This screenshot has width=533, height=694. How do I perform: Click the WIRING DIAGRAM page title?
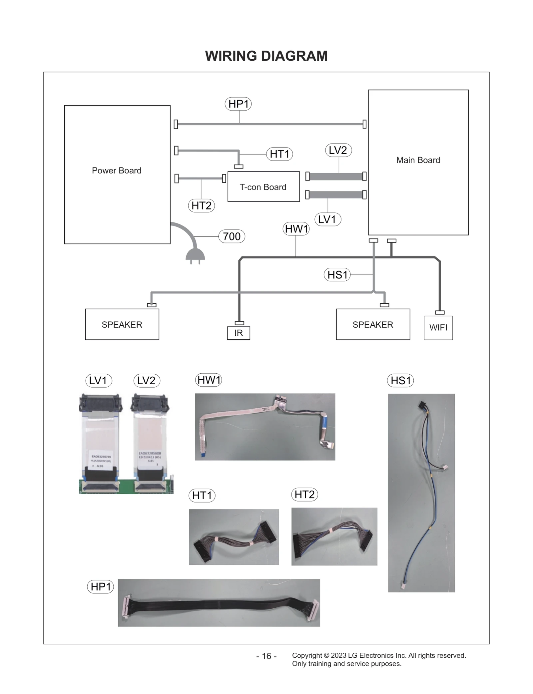click(266, 56)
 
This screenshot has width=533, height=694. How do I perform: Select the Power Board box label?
click(117, 171)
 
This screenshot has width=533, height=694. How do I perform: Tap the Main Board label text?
click(418, 160)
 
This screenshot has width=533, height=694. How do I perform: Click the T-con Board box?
click(263, 187)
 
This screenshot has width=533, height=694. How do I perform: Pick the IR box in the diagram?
click(239, 333)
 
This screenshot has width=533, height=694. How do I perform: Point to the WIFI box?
click(438, 328)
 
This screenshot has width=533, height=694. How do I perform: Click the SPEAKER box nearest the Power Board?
click(122, 324)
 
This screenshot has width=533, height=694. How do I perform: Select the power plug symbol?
click(195, 256)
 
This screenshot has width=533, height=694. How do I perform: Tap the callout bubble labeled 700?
click(232, 236)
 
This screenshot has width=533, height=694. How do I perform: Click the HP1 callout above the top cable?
click(238, 104)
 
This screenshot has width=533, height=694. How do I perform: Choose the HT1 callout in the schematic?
click(279, 154)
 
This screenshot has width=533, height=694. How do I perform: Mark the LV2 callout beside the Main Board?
click(338, 150)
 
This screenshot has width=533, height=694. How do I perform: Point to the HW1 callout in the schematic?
click(296, 229)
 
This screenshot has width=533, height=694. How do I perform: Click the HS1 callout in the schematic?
click(337, 275)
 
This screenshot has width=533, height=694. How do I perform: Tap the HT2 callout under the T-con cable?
click(201, 205)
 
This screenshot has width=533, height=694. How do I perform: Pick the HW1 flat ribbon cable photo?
click(265, 427)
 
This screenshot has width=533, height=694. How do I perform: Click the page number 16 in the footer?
click(266, 656)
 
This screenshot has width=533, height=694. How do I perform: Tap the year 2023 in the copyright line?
click(338, 655)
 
